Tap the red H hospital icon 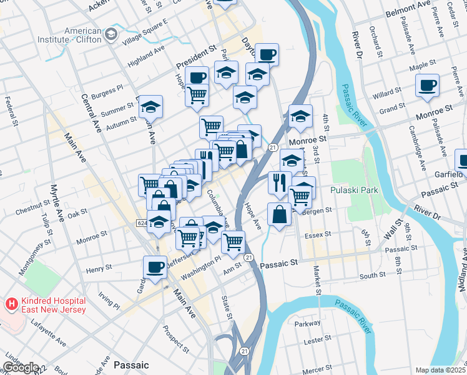click(10, 305)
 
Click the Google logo click(20, 367)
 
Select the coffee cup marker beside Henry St click(155, 267)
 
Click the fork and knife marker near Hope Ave click(279, 182)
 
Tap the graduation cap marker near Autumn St click(150, 107)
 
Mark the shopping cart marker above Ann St click(233, 241)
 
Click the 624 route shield click(141, 222)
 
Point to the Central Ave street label click(92, 114)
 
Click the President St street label click(195, 57)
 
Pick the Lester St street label click(318, 339)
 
